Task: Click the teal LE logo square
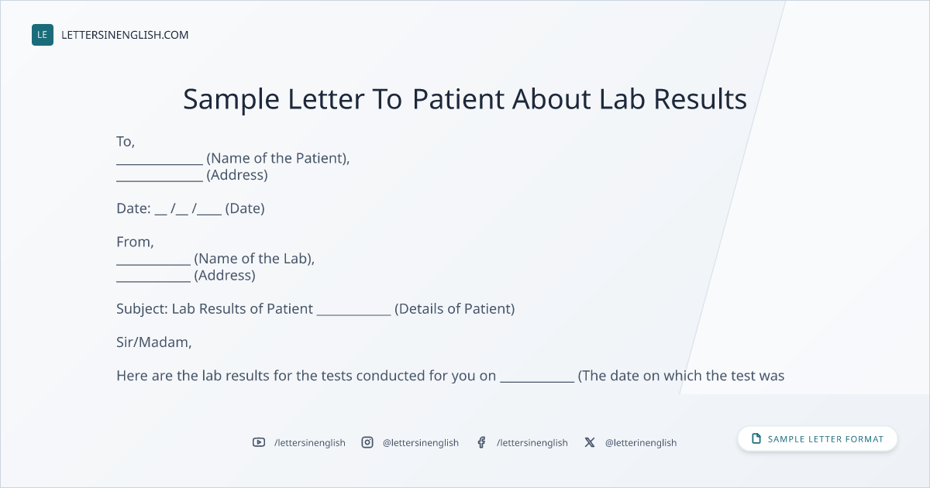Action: click(43, 35)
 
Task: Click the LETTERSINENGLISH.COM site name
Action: click(125, 35)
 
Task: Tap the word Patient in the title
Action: click(458, 99)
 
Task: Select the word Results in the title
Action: click(701, 99)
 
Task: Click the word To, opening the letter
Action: click(126, 142)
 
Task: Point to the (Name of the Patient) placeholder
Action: click(277, 158)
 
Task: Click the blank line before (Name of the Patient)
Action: click(160, 164)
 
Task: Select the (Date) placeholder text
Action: click(245, 208)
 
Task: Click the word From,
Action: click(135, 242)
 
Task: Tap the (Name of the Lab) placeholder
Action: click(254, 259)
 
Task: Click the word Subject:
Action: click(142, 309)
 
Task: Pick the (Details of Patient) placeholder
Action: click(455, 309)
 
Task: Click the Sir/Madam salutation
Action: click(153, 342)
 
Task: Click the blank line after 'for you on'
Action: click(537, 382)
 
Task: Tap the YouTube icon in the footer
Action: click(259, 442)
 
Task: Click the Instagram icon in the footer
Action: click(367, 442)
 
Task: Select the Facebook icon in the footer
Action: click(481, 442)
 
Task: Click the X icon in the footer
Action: click(590, 442)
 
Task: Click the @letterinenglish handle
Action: click(641, 443)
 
